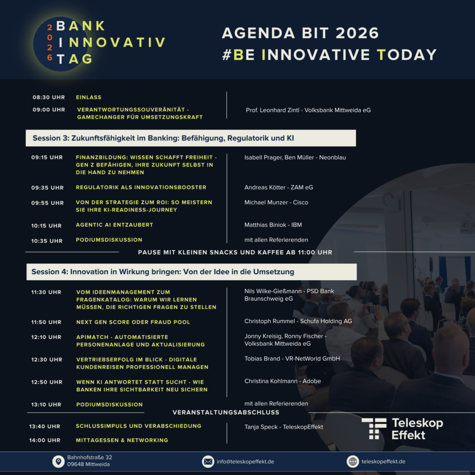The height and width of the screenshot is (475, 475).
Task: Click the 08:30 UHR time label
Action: click(x=49, y=97)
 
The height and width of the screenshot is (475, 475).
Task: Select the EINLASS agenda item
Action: click(x=89, y=97)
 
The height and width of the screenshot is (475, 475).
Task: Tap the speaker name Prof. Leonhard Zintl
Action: click(x=273, y=110)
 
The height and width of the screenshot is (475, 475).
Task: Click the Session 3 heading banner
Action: click(x=191, y=138)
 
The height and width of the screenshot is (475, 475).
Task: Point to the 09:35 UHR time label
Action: click(x=47, y=188)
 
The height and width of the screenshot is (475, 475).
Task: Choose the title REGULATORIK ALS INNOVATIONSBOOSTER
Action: click(x=141, y=187)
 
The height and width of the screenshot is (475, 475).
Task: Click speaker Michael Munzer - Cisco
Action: click(x=276, y=202)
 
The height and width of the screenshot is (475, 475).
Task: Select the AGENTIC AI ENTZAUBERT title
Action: click(x=115, y=225)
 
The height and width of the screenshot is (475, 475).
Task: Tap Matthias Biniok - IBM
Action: click(x=273, y=225)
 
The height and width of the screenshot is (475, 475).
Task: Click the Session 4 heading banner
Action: click(x=192, y=272)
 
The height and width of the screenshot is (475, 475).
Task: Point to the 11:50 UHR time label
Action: click(x=46, y=322)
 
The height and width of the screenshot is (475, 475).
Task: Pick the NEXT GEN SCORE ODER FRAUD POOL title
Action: click(x=133, y=322)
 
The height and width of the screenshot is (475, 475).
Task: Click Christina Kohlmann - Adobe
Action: click(x=282, y=381)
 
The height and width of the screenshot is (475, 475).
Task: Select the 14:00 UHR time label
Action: click(x=45, y=441)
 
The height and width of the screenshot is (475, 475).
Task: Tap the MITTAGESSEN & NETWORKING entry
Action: click(x=122, y=440)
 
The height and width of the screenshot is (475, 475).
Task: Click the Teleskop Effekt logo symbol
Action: click(x=374, y=429)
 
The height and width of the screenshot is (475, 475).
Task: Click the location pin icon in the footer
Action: click(x=58, y=462)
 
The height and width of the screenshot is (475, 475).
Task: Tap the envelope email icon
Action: click(x=208, y=462)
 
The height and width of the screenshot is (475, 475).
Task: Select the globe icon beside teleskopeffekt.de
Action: click(x=353, y=462)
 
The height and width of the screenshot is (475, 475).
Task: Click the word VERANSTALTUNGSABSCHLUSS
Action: click(x=226, y=412)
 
